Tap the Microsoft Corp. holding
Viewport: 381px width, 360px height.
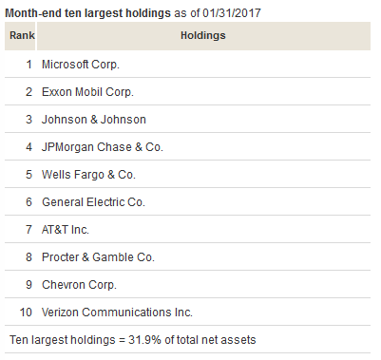[82, 65]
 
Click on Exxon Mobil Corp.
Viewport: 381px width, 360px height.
[87, 92]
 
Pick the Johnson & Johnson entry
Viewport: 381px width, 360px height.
[93, 120]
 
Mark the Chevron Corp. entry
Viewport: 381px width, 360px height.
[78, 284]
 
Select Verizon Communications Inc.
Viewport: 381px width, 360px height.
[117, 312]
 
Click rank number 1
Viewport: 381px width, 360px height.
[29, 65]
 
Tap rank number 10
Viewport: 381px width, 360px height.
[26, 312]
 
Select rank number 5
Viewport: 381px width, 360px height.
[29, 175]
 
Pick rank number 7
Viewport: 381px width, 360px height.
[29, 230]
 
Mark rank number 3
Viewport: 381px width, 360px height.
[29, 120]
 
